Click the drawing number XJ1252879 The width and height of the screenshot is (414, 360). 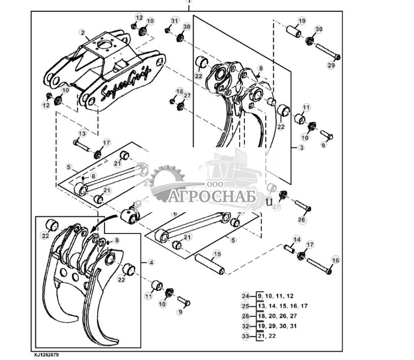[x=49, y=355]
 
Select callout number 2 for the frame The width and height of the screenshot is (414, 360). [x=82, y=33]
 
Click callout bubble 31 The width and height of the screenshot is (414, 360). [x=174, y=20]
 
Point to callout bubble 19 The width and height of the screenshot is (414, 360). [x=302, y=21]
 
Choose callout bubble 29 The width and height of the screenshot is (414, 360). [x=331, y=65]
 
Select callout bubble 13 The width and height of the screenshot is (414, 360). [x=82, y=133]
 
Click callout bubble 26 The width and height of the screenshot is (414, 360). [x=301, y=220]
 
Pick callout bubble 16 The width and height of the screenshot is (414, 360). [x=335, y=260]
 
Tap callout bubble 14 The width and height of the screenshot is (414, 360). [x=296, y=239]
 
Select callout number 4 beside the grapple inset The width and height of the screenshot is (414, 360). [x=152, y=262]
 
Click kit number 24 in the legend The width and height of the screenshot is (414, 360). [x=246, y=296]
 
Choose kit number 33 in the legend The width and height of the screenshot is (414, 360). [x=246, y=336]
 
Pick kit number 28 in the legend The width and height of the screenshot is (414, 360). [x=246, y=316]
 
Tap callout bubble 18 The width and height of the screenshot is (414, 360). [x=179, y=92]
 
